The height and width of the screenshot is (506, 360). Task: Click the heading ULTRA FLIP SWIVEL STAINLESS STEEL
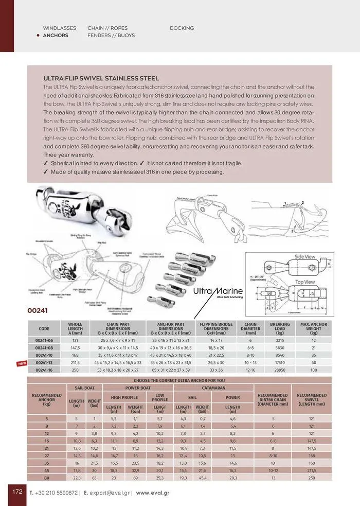[94, 78]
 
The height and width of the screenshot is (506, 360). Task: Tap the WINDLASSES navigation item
[60, 28]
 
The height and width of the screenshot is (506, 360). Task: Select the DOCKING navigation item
[182, 28]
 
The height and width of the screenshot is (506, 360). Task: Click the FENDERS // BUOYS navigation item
[111, 36]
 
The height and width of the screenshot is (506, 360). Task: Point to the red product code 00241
[39, 311]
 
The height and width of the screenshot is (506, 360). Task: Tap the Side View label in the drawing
[304, 256]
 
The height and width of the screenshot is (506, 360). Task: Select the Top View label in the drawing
[304, 282]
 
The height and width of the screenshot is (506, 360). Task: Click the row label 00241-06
[44, 340]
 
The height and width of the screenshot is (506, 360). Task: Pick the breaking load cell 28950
[280, 370]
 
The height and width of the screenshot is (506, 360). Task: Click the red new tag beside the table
[22, 363]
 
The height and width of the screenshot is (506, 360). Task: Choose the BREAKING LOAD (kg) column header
[280, 328]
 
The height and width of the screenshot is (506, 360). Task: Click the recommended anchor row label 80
[46, 478]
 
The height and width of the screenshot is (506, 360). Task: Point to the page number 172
[17, 491]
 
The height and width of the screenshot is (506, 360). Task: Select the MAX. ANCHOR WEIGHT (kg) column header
[314, 328]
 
